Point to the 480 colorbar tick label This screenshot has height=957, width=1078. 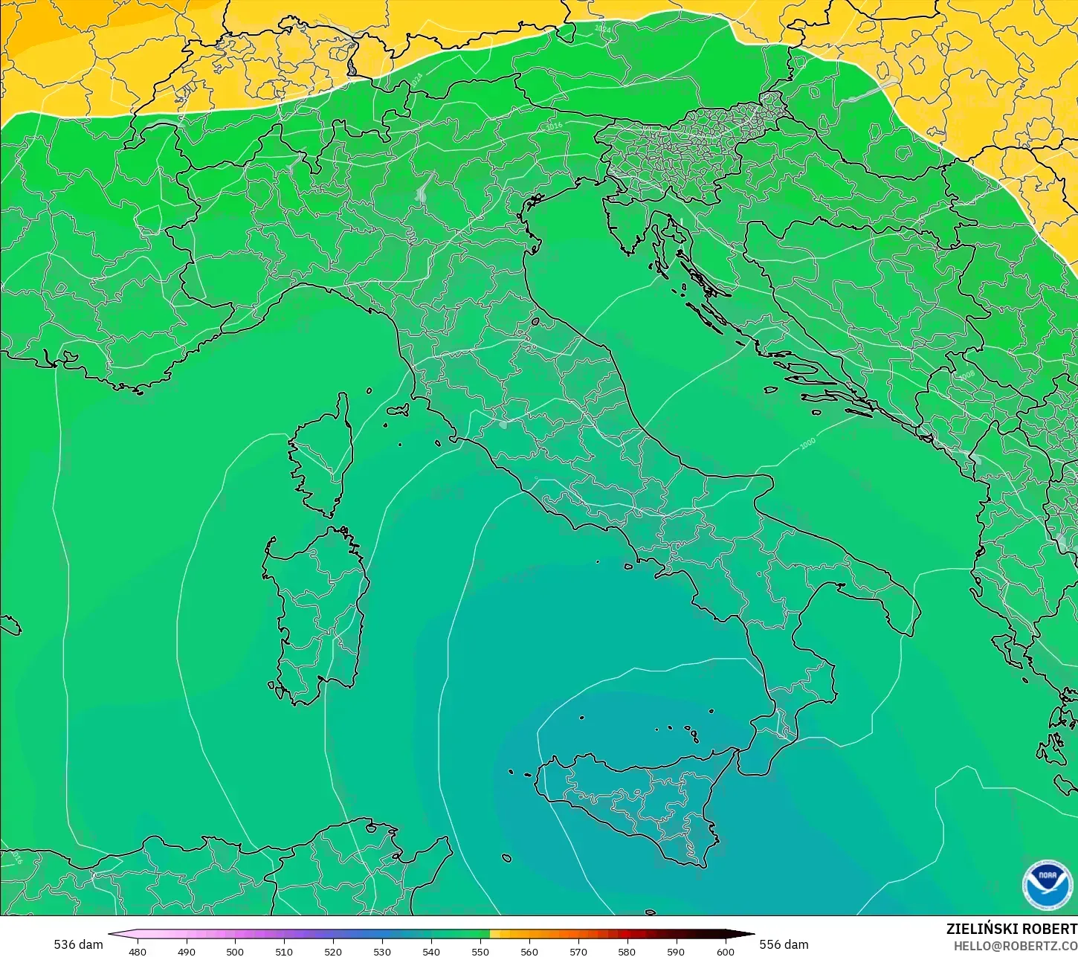click(x=138, y=951)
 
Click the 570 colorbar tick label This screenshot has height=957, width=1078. click(x=578, y=951)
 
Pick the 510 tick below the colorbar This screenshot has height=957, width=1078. click(x=284, y=951)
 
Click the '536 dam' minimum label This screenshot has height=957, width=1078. click(x=78, y=944)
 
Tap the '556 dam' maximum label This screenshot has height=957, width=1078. click(x=784, y=944)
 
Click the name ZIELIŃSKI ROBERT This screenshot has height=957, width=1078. click(x=1011, y=929)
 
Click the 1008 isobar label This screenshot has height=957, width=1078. click(x=966, y=376)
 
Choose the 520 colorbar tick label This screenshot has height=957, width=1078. click(x=333, y=951)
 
